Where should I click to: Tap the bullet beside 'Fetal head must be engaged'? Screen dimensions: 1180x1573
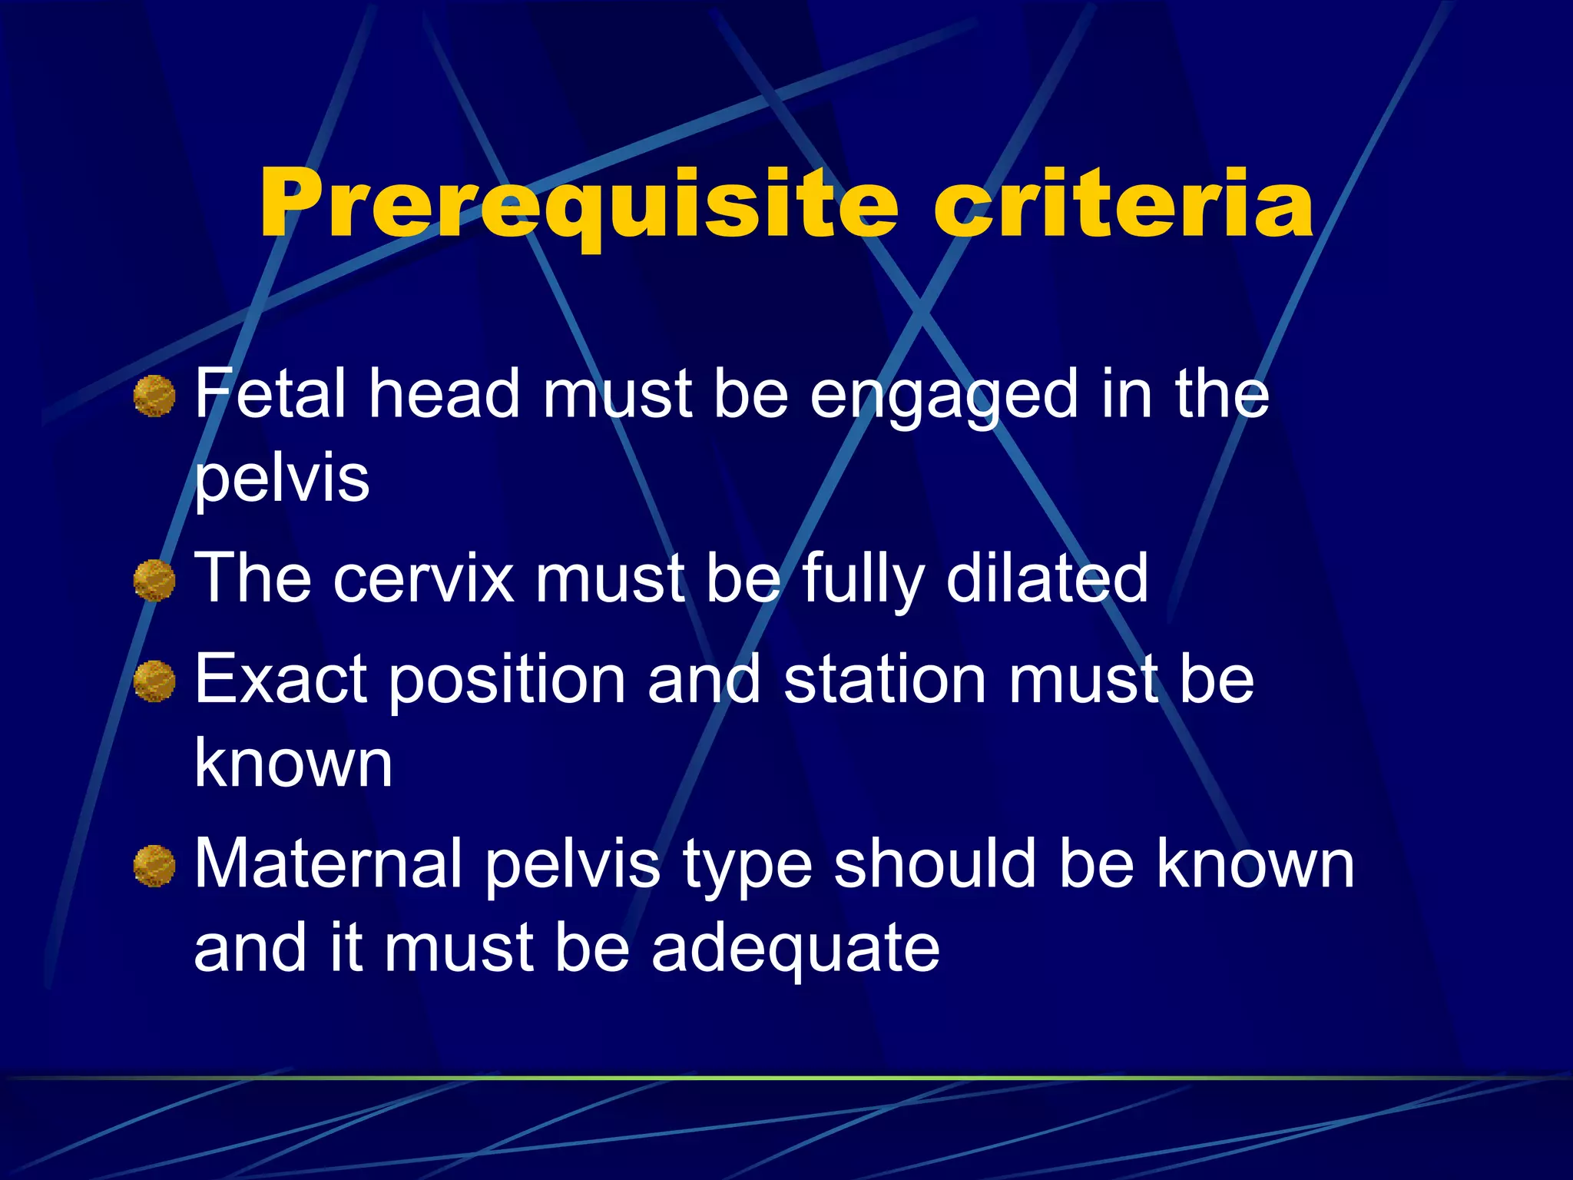pyautogui.click(x=154, y=396)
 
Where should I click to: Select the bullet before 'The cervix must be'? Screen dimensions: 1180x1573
pyautogui.click(x=154, y=581)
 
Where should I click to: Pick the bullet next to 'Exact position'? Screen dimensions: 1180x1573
pyautogui.click(x=154, y=681)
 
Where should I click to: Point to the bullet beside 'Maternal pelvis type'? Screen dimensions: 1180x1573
pyautogui.click(x=154, y=867)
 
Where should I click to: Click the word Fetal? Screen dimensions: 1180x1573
pyautogui.click(x=270, y=393)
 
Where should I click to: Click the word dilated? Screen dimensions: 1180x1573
pyautogui.click(x=1047, y=578)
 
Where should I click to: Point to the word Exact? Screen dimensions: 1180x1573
pyautogui.click(x=280, y=679)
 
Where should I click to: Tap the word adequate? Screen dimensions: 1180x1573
pyautogui.click(x=795, y=949)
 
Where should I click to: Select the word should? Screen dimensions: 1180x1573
pyautogui.click(x=935, y=863)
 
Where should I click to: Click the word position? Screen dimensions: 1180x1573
pyautogui.click(x=507, y=681)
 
